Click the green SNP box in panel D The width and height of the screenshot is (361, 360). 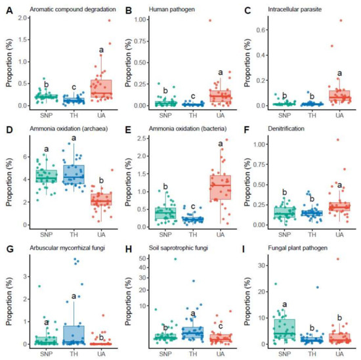click(x=47, y=175)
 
